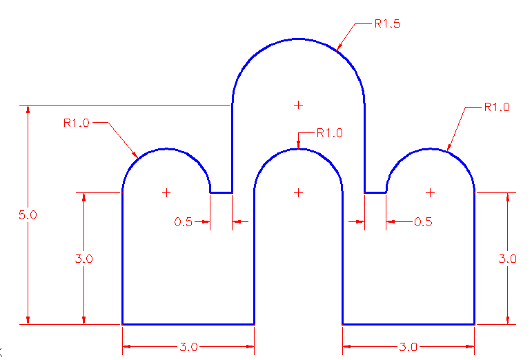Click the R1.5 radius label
388,23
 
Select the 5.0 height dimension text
28,215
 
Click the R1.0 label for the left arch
77,123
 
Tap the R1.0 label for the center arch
329,133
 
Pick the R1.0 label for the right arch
497,107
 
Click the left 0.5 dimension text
184,221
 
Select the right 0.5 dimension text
423,221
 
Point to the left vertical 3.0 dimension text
83,259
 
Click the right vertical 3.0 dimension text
507,259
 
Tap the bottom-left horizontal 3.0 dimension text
188,347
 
